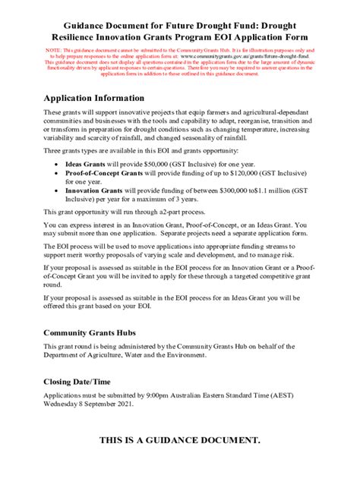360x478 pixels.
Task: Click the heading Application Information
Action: point(93,99)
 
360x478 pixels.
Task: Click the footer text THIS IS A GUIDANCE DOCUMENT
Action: point(180,440)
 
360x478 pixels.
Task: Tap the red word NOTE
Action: point(54,49)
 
